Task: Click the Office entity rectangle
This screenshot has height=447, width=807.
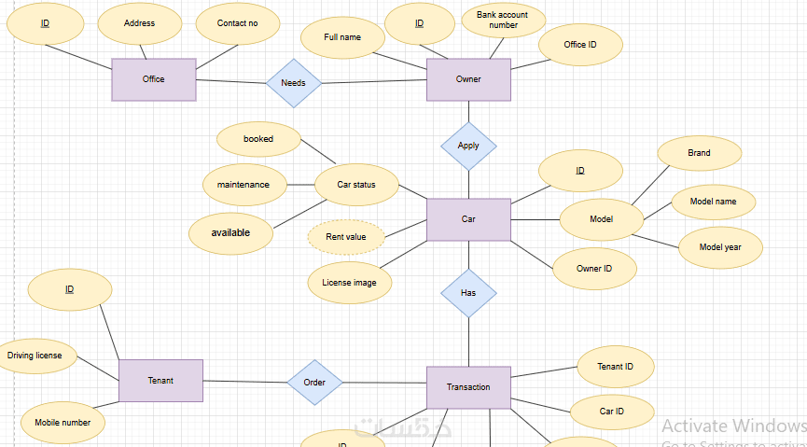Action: click(154, 79)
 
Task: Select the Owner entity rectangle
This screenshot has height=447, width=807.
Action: click(468, 79)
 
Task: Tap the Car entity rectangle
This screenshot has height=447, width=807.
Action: click(468, 219)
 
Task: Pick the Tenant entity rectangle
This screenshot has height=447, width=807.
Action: click(160, 381)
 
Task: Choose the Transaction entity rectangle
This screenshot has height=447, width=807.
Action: click(468, 387)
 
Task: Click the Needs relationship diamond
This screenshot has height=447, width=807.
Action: click(294, 83)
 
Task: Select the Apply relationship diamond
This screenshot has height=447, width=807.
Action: click(468, 146)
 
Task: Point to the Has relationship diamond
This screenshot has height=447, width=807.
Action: click(468, 293)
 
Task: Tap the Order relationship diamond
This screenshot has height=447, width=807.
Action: click(314, 383)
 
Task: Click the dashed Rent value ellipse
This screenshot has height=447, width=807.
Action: click(346, 237)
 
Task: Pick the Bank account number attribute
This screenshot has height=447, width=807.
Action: click(503, 20)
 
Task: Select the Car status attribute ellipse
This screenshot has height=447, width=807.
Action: click(357, 185)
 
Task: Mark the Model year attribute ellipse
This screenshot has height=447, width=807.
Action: click(721, 247)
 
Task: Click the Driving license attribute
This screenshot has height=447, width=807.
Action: click(35, 356)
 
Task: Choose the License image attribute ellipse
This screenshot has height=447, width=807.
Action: click(350, 283)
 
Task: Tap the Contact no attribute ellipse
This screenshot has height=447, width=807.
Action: click(237, 24)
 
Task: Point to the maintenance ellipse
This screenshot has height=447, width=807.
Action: click(243, 185)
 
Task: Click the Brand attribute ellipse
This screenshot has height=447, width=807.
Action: click(700, 153)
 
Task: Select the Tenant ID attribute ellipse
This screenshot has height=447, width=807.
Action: click(616, 367)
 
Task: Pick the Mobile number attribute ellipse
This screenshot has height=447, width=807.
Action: click(63, 423)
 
